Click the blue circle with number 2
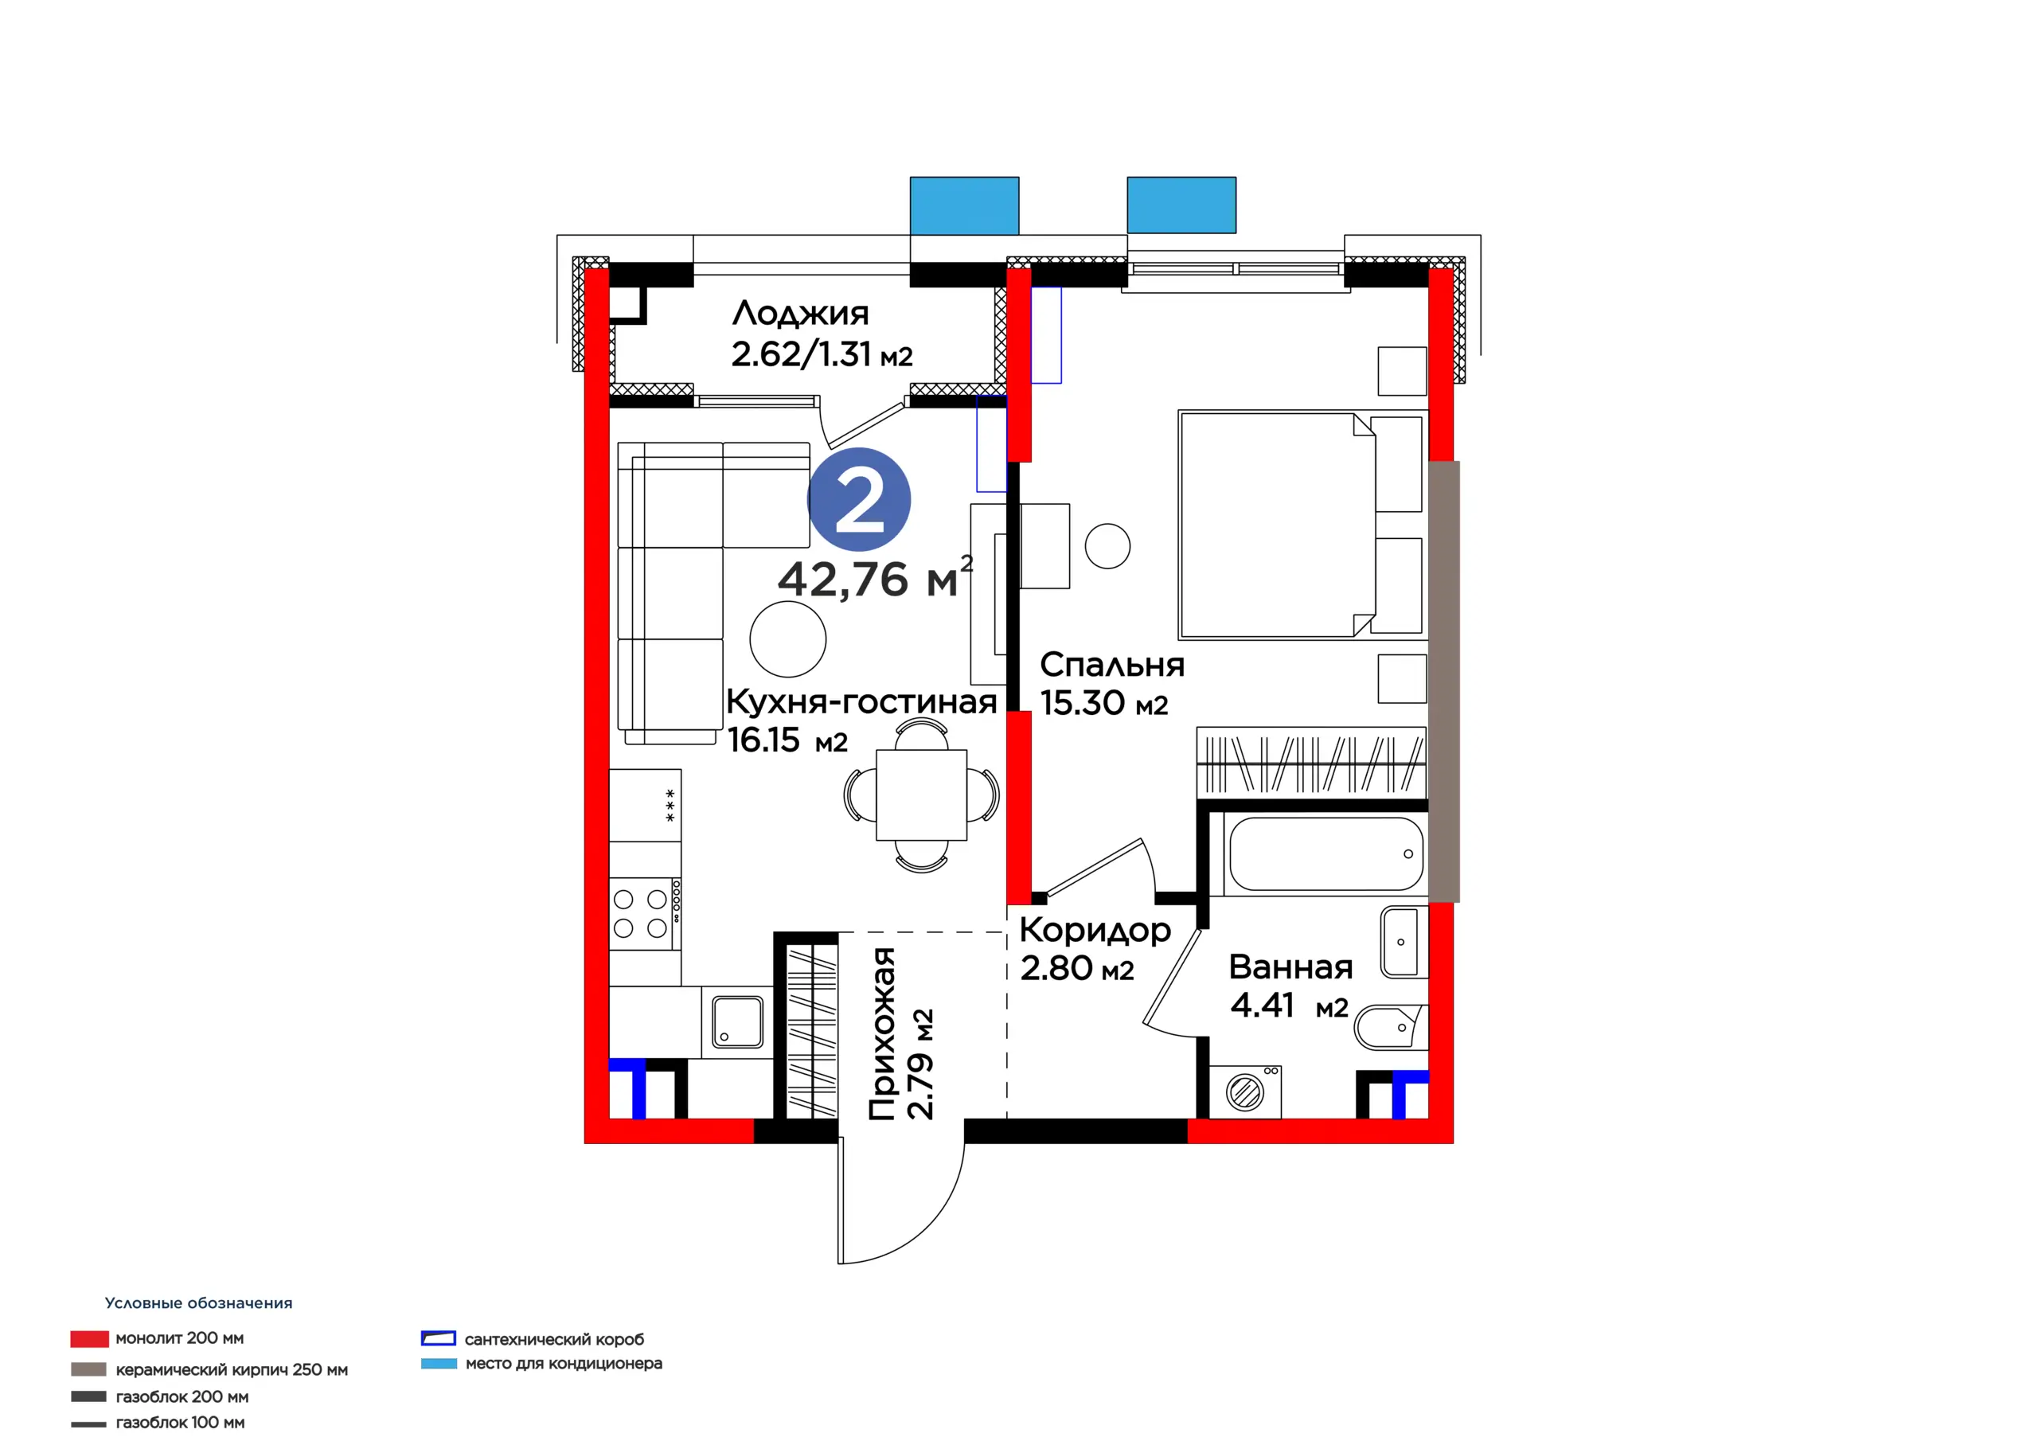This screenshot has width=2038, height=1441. [x=858, y=499]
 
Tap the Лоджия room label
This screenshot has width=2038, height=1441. [x=800, y=314]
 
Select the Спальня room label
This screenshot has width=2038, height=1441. [x=1111, y=665]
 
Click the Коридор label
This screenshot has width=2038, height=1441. [x=1095, y=931]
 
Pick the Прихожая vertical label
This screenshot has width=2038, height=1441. [x=881, y=1033]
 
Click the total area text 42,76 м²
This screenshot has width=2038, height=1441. [x=874, y=578]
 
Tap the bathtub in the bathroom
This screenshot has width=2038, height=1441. [x=1326, y=853]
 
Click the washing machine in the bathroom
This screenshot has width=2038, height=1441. [x=1244, y=1091]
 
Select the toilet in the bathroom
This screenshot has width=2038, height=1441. [x=1389, y=1027]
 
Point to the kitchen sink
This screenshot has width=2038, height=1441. [x=736, y=1022]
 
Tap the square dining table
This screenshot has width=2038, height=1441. [x=921, y=795]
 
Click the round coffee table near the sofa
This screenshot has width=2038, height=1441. [x=788, y=639]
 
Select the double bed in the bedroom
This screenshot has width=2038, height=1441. [x=1302, y=525]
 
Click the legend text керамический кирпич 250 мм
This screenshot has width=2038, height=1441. [x=232, y=1369]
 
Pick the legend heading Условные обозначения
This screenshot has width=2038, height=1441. [x=199, y=1302]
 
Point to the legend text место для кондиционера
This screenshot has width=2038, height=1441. [x=564, y=1363]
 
